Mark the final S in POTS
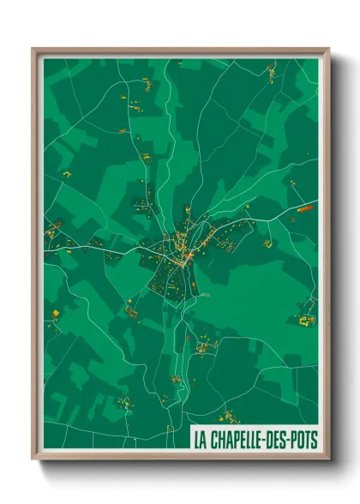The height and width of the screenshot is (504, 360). coord(315,441)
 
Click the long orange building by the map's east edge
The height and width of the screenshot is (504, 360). coord(306,207)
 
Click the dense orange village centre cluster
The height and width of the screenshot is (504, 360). coord(183,244)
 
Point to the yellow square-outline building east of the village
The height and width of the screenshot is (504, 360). coord(267,243)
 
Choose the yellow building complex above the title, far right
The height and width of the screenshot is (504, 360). coord(306,321)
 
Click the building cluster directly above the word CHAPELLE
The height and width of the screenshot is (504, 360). coord(230,417)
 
